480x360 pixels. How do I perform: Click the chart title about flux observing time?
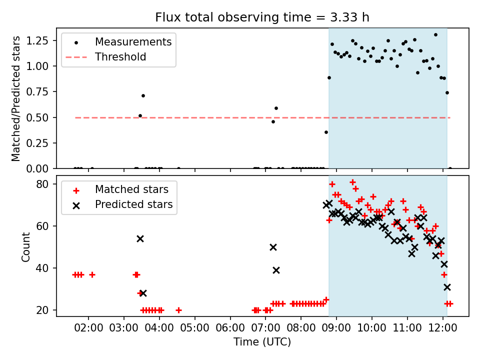point(262,17)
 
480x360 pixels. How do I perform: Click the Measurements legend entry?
point(133,41)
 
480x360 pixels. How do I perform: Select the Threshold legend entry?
point(120,57)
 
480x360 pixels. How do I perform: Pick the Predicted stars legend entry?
point(134,204)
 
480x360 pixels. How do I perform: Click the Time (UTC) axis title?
point(262,342)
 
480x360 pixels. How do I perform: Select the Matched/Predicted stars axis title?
point(16,98)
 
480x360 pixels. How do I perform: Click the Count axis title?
point(25,246)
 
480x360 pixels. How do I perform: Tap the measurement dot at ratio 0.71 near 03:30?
point(143,95)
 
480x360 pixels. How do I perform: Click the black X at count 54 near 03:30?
point(140,238)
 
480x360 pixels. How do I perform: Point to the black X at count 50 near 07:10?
point(273,247)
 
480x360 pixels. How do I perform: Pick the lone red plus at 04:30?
point(178,310)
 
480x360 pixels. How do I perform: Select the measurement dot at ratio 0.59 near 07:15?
point(276,108)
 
